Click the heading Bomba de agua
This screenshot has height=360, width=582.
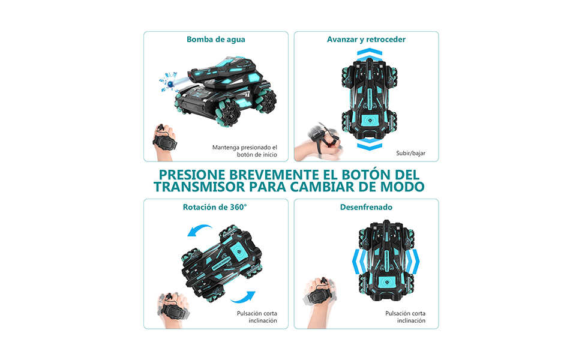(216, 40)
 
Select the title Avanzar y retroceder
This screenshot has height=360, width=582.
(366, 40)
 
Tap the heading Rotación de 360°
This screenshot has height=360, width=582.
(215, 207)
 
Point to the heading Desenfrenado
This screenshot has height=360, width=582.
(366, 207)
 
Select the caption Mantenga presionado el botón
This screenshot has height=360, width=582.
(245, 151)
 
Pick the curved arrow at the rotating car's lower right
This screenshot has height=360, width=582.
(245, 296)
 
